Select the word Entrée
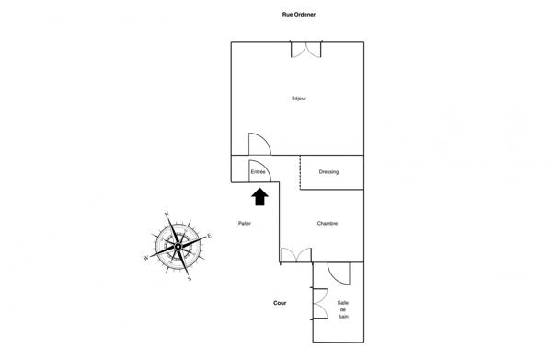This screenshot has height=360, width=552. [x=259, y=171]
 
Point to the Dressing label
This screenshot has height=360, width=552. [x=328, y=171]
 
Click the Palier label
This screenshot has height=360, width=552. [x=244, y=224]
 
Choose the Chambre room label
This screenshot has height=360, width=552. [x=328, y=224]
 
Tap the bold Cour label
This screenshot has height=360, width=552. [x=280, y=303]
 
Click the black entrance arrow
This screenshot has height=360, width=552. [x=259, y=194]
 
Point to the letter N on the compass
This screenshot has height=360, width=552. [x=167, y=215]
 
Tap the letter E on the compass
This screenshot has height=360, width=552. [x=209, y=236]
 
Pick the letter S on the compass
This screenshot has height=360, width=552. [x=189, y=277]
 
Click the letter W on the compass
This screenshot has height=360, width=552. [x=145, y=258]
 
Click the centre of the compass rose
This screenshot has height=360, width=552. [x=178, y=247]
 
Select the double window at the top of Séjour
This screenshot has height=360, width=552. [x=306, y=49]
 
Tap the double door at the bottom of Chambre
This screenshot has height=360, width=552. [x=295, y=255]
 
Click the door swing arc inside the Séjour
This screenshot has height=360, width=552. [x=260, y=145]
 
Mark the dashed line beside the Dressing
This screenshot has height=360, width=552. [x=300, y=172]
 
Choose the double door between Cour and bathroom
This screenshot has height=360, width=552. [x=319, y=303]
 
